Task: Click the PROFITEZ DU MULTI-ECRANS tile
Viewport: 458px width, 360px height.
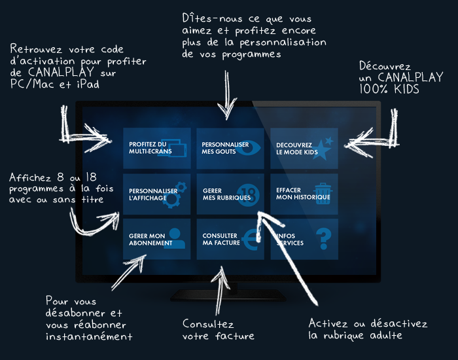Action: (x=156, y=148)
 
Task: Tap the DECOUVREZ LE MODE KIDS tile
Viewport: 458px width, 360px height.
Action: (x=304, y=148)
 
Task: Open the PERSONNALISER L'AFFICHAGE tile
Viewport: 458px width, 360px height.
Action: (x=156, y=194)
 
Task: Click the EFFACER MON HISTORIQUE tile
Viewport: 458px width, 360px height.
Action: (x=304, y=194)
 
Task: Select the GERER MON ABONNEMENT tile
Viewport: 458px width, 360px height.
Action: (x=156, y=239)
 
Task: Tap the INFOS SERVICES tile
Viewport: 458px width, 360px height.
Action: (x=304, y=239)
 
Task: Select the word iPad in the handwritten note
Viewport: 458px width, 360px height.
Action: (x=88, y=85)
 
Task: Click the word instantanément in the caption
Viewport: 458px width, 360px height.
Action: (x=89, y=336)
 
